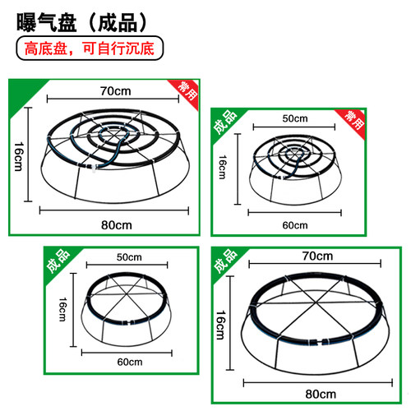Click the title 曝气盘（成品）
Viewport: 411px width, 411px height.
tap(81, 22)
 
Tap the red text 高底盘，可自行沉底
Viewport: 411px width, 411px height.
tap(90, 48)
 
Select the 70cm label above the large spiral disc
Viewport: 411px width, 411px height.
tap(115, 91)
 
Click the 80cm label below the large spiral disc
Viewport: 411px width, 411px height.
tap(117, 225)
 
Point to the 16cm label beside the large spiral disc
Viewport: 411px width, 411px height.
tap(19, 156)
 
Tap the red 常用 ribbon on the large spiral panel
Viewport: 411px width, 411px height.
tap(186, 92)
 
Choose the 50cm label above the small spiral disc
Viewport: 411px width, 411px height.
tap(295, 118)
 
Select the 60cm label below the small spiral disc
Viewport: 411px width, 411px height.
tap(295, 225)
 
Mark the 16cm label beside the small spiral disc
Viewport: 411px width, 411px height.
tap(223, 167)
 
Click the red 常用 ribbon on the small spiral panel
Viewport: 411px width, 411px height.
tap(353, 121)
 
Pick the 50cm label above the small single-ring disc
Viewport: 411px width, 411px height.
tap(129, 257)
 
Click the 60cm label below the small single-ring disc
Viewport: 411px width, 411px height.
tap(130, 362)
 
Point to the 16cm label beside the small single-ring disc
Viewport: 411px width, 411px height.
tap(62, 309)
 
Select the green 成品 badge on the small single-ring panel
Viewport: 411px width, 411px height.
tap(58, 261)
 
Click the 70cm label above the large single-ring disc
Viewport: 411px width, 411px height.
tap(317, 256)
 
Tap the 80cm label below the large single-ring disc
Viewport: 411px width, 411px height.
tap(321, 394)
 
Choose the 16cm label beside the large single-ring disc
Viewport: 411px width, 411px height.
tap(221, 325)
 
